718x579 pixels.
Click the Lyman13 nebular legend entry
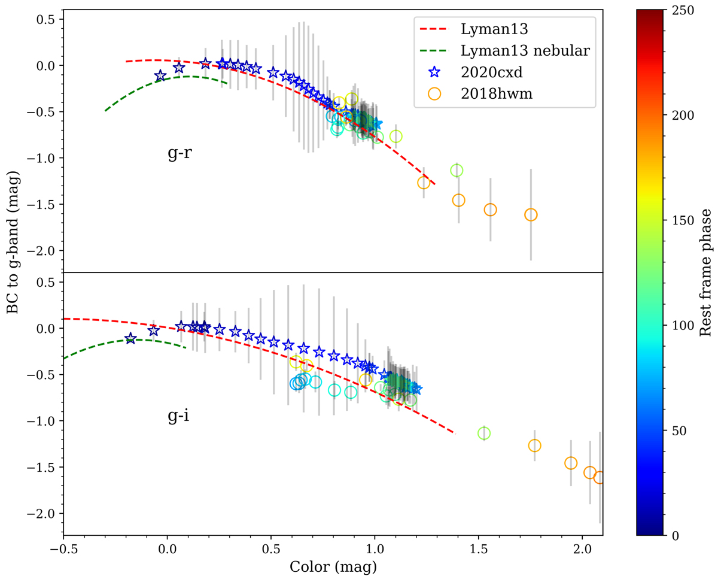point(525,51)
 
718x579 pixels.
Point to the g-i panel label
point(178,416)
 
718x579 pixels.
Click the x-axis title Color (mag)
point(333,566)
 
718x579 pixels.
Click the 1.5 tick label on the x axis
point(478,548)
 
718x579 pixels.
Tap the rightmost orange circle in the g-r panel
point(531,214)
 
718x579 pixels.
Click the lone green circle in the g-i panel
point(484,433)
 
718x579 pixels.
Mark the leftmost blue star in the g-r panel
point(160,76)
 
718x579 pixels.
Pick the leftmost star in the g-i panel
point(130,339)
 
